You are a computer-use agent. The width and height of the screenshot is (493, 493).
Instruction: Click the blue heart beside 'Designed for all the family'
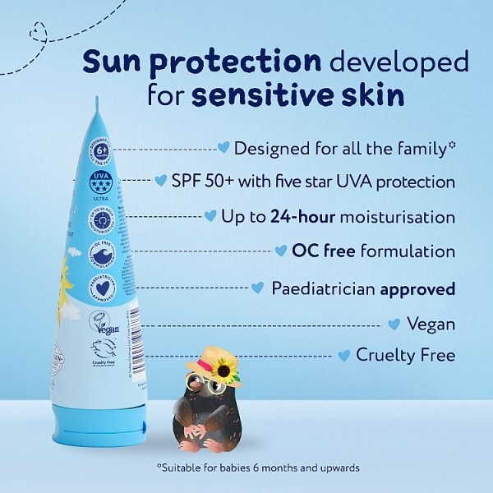point(223,147)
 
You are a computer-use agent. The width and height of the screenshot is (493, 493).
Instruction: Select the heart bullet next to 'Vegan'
point(394,324)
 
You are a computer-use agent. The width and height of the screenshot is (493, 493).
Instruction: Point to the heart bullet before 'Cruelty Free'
point(344,355)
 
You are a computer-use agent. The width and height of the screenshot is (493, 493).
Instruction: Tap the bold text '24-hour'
point(298,217)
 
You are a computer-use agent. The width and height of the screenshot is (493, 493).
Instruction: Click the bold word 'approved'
point(417,288)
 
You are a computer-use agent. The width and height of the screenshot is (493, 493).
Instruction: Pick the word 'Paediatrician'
point(324,288)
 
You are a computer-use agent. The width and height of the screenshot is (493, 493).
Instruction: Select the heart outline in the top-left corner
point(37,34)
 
